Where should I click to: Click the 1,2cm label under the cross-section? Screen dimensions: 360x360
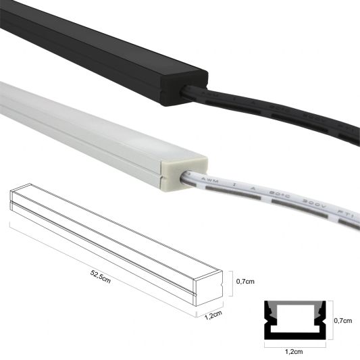pyautogui.click(x=294, y=352)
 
